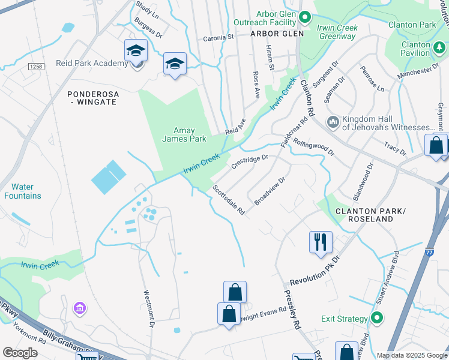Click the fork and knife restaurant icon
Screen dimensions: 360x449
(321, 242)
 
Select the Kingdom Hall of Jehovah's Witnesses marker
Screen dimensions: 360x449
(333, 122)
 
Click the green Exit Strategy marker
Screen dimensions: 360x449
(376, 318)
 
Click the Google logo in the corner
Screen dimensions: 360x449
(20, 353)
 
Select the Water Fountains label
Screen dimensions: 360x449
(23, 191)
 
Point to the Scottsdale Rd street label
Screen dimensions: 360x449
(229, 200)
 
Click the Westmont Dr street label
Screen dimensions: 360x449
(149, 309)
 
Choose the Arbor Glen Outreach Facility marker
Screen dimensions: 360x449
(305, 17)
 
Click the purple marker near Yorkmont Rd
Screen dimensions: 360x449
(79, 308)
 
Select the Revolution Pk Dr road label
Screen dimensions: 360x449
(315, 272)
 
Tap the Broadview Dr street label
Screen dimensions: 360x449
(269, 191)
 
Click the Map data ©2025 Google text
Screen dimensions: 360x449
(412, 355)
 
